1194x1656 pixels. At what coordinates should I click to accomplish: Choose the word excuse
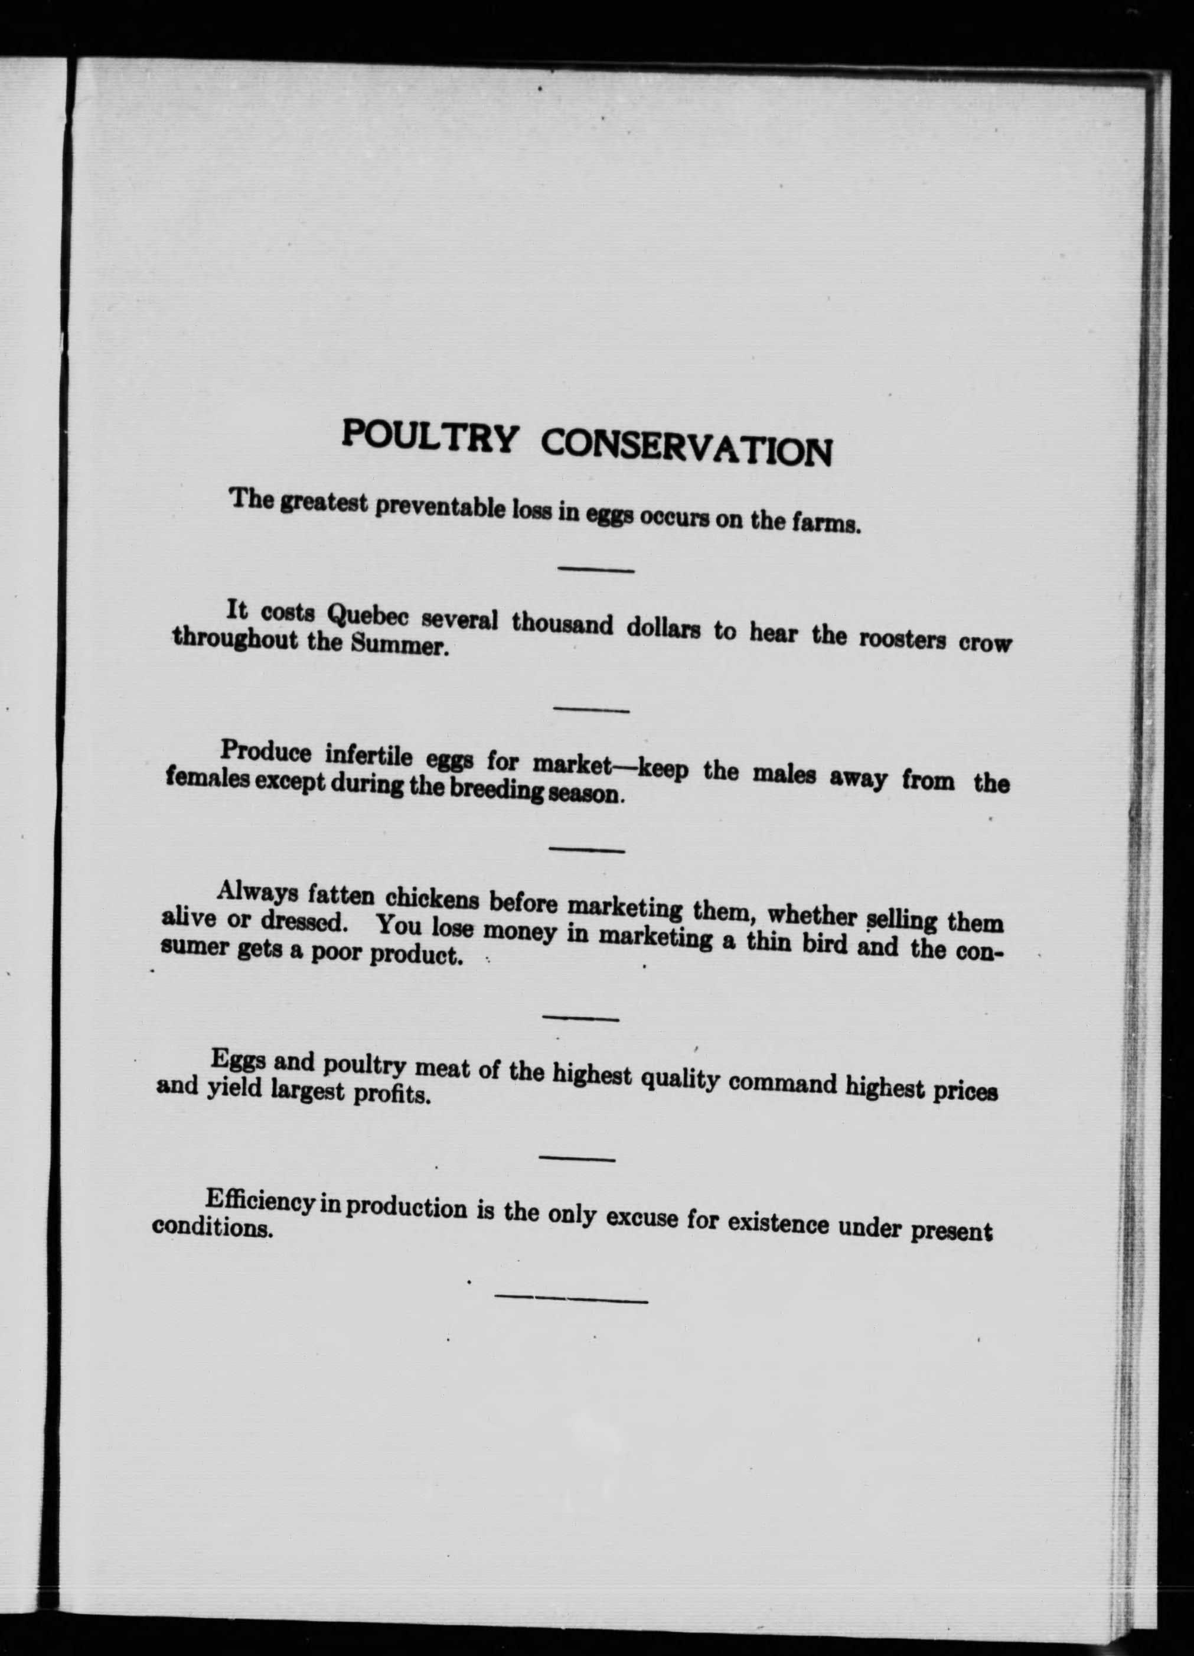[x=642, y=1217]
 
